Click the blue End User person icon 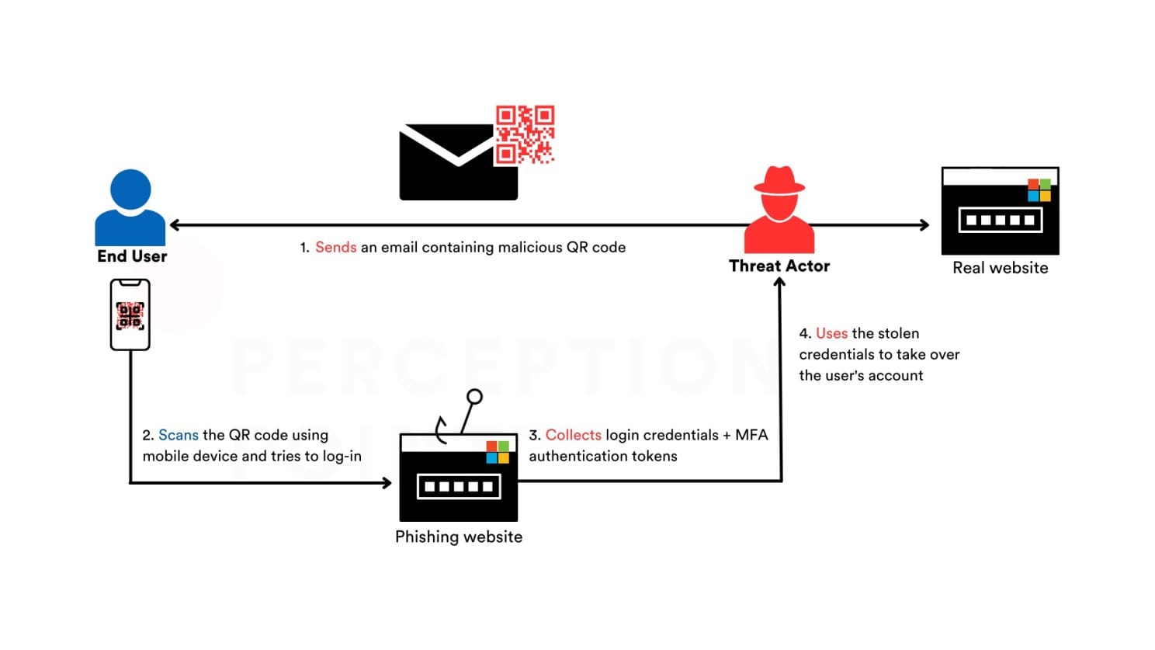[x=130, y=207]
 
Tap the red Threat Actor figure [x=779, y=209]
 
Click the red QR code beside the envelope [x=525, y=134]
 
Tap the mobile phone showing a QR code [x=130, y=315]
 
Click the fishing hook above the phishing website [x=458, y=416]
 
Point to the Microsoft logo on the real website [x=1039, y=190]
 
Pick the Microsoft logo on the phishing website [x=498, y=452]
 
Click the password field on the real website [x=1000, y=220]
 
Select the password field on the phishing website [x=459, y=487]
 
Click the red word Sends [x=335, y=248]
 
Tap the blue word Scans [x=179, y=435]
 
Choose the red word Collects [x=573, y=435]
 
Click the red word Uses [x=831, y=333]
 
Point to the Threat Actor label [x=779, y=266]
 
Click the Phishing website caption [x=458, y=537]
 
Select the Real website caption [x=1000, y=268]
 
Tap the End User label [x=132, y=256]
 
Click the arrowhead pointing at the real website [x=924, y=225]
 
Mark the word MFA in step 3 [x=751, y=435]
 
